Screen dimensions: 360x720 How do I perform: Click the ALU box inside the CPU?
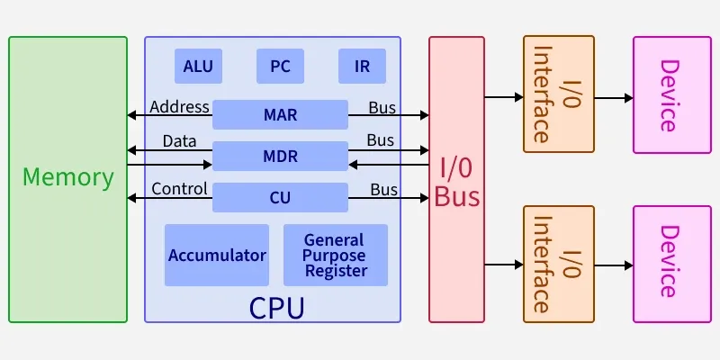point(198,66)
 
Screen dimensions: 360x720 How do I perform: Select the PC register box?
point(280,66)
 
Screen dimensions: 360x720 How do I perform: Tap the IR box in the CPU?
point(362,66)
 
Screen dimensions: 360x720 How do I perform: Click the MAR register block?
point(280,115)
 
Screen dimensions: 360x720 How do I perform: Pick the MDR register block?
point(280,156)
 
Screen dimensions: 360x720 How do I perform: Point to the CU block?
point(280,197)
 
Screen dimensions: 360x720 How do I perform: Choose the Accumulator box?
point(217,255)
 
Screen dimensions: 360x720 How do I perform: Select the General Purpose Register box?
point(335,255)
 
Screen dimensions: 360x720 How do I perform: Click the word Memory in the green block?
point(68,177)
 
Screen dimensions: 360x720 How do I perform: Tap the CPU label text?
point(276,308)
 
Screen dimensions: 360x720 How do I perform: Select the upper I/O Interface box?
point(559,94)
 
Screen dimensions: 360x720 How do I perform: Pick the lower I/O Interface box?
point(559,264)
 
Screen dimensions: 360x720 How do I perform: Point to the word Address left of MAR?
point(179,107)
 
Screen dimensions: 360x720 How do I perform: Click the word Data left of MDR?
point(179,141)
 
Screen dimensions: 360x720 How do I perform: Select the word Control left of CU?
point(179,189)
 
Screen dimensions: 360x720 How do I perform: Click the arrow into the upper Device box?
point(614,97)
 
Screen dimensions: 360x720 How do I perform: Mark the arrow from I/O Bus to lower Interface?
point(504,265)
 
